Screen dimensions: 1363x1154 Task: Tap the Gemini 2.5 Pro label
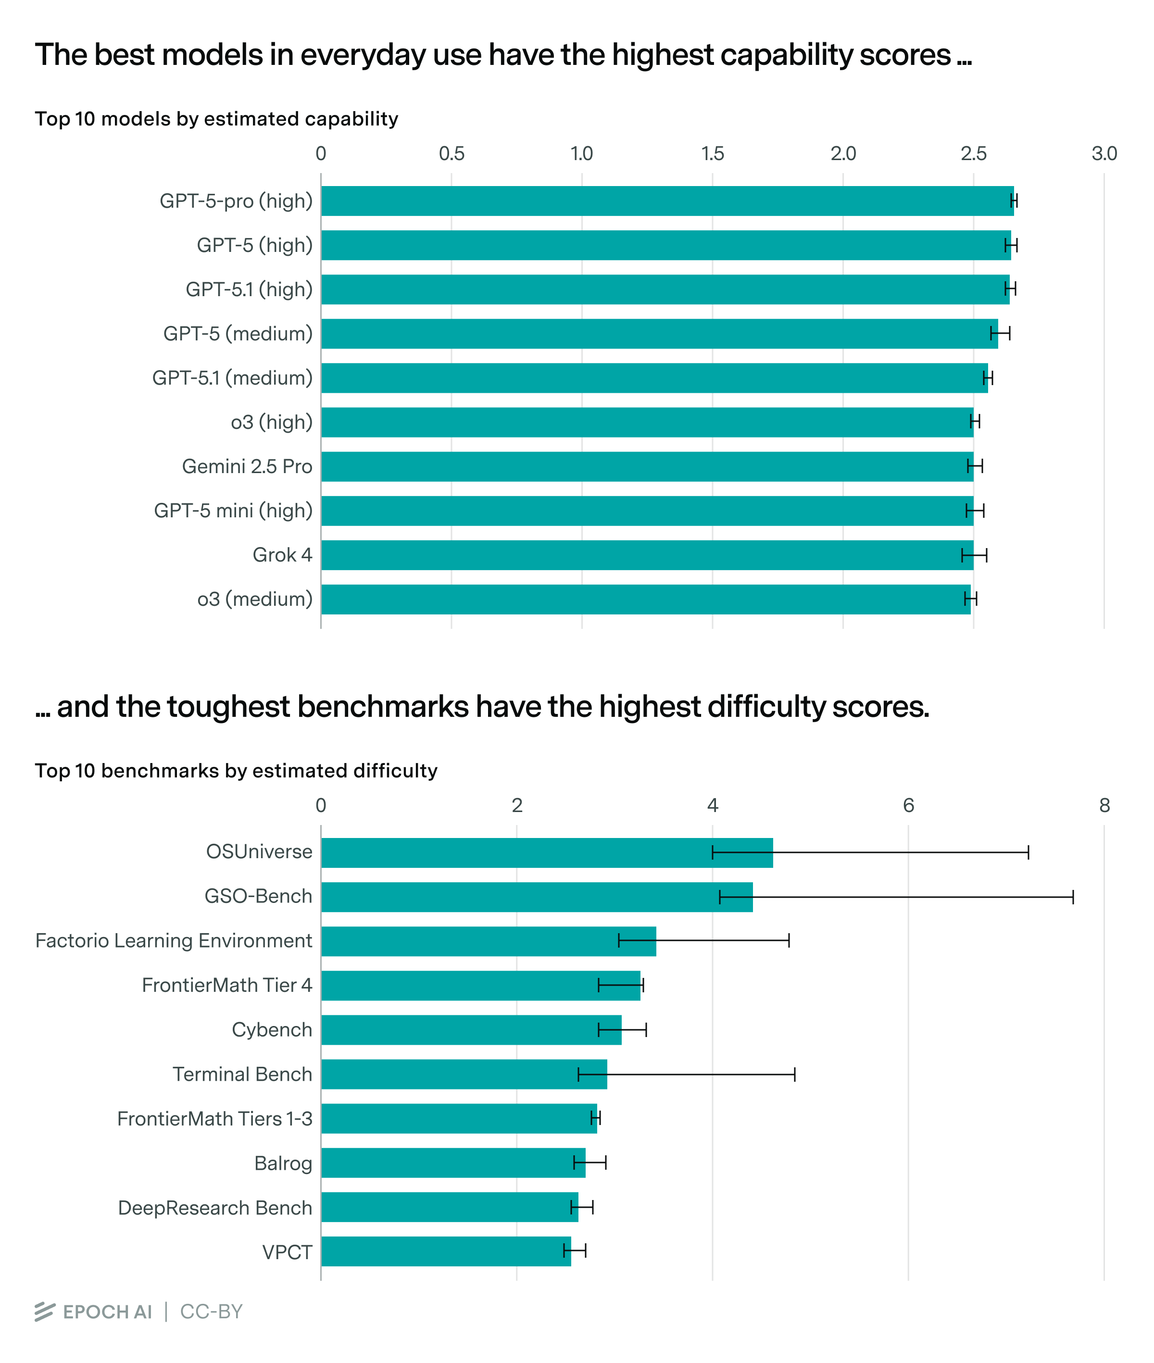tap(247, 466)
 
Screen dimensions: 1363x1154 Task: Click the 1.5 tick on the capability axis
tap(713, 154)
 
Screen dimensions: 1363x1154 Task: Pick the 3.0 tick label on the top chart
tap(1104, 154)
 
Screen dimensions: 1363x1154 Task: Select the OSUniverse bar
tap(546, 853)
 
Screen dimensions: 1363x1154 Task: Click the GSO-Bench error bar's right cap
tap(1073, 897)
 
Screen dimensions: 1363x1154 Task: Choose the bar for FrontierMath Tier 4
tap(480, 986)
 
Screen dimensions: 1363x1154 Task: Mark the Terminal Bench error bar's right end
tap(795, 1075)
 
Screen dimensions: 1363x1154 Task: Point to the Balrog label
tap(283, 1163)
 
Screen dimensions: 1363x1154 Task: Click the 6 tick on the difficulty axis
tap(908, 806)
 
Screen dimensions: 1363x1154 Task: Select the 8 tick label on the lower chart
tap(1104, 806)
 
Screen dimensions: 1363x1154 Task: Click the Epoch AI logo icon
tap(45, 1312)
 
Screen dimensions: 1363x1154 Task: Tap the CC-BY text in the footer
tap(211, 1312)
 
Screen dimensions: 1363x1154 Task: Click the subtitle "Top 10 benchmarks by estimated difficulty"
tap(236, 771)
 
